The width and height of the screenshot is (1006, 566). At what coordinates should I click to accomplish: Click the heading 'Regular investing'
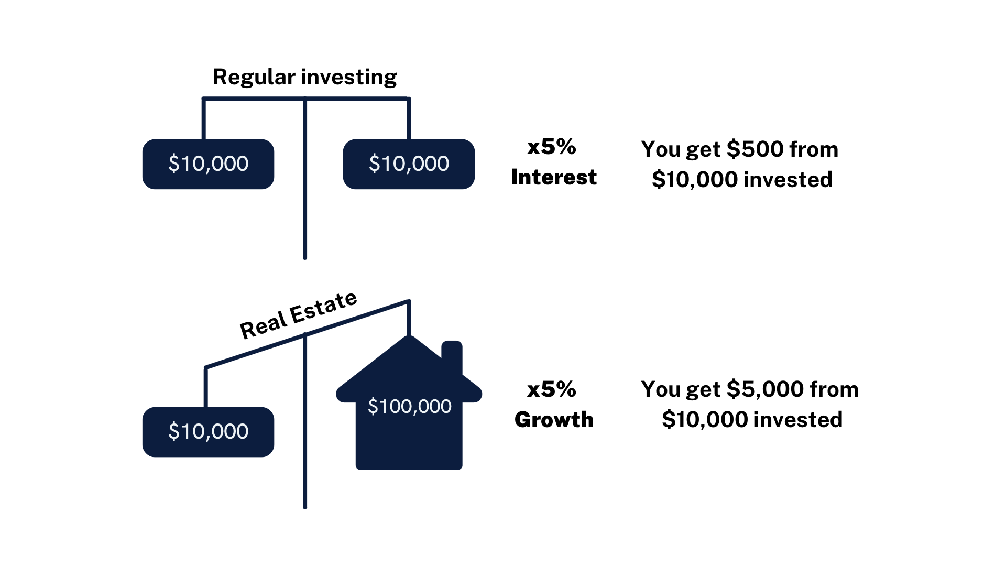[x=305, y=77]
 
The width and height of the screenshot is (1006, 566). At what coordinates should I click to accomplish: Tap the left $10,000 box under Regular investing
[x=208, y=164]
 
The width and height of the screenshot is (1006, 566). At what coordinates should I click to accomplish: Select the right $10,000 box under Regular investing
[x=409, y=164]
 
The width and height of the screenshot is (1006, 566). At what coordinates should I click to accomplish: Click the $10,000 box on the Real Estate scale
[x=208, y=432]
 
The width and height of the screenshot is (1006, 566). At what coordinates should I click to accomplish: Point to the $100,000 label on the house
[x=409, y=406]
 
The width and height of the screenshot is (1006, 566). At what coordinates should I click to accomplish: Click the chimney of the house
[x=452, y=356]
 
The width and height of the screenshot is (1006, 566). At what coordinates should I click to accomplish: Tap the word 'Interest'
[x=554, y=177]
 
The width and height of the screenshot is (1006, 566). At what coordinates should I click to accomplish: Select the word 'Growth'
[x=554, y=420]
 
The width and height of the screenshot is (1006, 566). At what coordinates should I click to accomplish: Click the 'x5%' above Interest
[x=552, y=147]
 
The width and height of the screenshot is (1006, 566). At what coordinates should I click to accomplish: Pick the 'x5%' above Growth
[x=552, y=389]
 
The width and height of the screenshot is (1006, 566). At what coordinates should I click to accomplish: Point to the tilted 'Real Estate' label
[x=299, y=314]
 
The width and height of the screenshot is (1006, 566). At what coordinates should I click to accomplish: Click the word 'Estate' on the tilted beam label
[x=324, y=307]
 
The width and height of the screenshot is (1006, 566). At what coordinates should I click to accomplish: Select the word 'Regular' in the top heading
[x=254, y=78]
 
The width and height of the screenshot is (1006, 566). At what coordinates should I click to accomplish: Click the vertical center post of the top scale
[x=305, y=178]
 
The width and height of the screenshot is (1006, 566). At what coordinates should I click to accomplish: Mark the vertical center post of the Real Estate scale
[x=305, y=421]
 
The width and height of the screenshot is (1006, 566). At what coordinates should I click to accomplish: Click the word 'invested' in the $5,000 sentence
[x=798, y=420]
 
